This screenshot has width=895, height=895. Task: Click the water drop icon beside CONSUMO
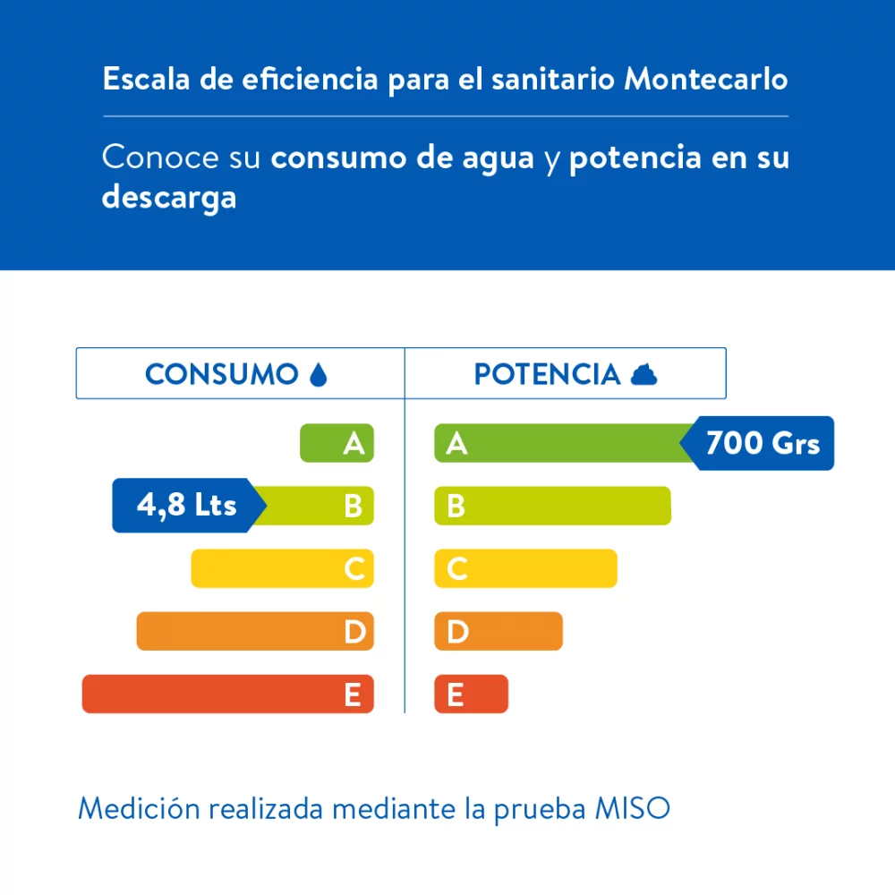click(x=318, y=374)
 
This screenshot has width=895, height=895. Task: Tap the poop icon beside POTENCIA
click(x=644, y=375)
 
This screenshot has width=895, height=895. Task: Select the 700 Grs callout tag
click(x=761, y=443)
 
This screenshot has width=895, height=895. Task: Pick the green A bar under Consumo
click(x=336, y=443)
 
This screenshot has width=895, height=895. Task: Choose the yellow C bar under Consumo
click(x=281, y=568)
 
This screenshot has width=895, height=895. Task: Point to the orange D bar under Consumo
click(x=254, y=631)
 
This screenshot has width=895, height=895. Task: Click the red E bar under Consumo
click(x=227, y=694)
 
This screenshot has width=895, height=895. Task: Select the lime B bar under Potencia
click(x=552, y=506)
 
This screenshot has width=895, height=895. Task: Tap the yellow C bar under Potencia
click(x=525, y=568)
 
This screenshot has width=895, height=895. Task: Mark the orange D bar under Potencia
click(x=498, y=631)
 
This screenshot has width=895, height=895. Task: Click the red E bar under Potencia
click(x=471, y=694)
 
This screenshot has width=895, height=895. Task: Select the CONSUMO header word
click(x=221, y=374)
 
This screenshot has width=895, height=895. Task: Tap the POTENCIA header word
click(x=547, y=374)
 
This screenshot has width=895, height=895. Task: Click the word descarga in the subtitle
click(x=168, y=197)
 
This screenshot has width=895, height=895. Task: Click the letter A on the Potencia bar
click(x=456, y=444)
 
